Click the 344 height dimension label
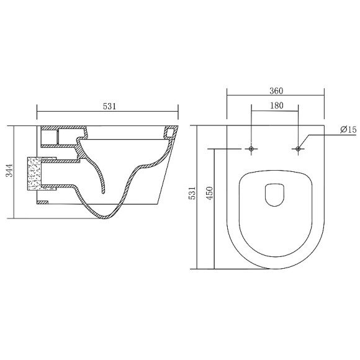[9, 170]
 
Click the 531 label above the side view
[109, 106]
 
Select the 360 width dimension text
[276, 91]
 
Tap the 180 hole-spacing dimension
[276, 106]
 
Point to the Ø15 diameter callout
[348, 130]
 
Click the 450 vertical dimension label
[210, 193]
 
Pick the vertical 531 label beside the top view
[192, 193]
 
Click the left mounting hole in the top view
[251, 149]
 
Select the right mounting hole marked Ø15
[298, 149]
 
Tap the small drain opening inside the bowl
[274, 195]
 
